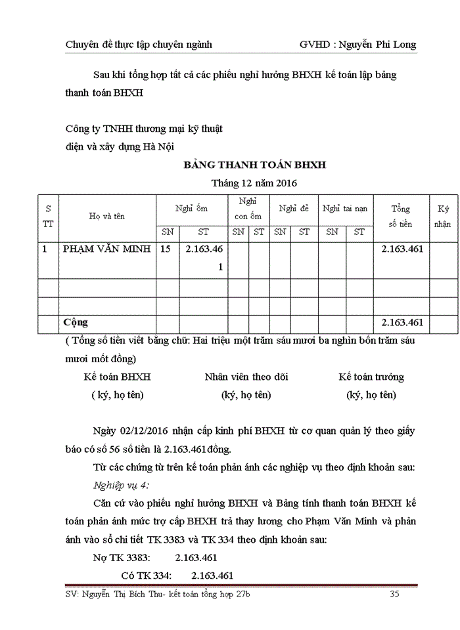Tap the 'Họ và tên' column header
107,216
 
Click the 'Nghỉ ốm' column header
191,209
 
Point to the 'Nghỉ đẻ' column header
294,209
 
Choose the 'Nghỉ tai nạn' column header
345,209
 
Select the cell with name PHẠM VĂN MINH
107,249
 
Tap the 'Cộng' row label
75,323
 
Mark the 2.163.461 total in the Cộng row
402,323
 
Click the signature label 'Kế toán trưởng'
371,377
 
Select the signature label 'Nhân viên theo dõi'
246,377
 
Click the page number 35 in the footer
395,595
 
